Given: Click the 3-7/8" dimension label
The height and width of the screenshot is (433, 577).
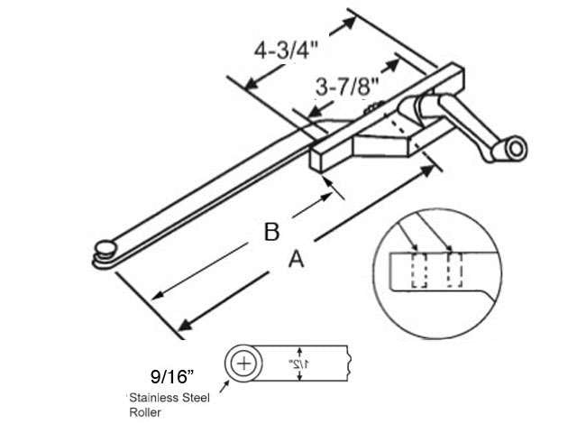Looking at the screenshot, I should pyautogui.click(x=346, y=87).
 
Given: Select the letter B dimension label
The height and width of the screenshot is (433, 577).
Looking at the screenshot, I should pyautogui.click(x=270, y=232).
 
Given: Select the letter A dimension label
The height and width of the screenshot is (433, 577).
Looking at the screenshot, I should pyautogui.click(x=294, y=260).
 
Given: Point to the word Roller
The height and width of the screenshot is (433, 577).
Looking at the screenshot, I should pyautogui.click(x=144, y=413).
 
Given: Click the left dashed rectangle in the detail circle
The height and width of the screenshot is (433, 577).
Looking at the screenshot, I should pyautogui.click(x=417, y=270).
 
